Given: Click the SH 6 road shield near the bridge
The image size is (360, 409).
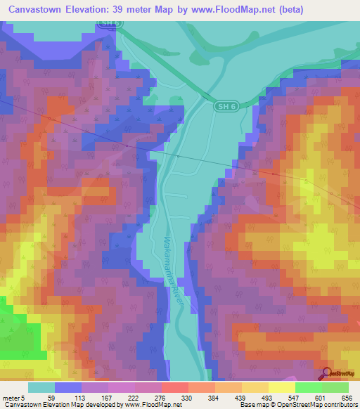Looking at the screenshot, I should click(x=224, y=105).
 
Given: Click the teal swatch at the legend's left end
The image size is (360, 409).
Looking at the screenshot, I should click(x=41, y=388).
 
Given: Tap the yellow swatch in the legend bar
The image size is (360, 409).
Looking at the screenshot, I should click(x=281, y=388).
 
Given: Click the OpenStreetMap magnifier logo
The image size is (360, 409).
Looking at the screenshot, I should click(x=328, y=373).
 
